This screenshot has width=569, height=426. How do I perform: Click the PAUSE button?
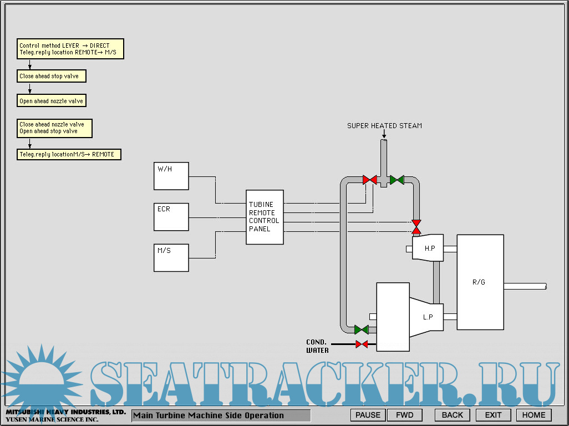pos(368,415)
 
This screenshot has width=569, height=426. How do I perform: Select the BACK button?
pos(452,415)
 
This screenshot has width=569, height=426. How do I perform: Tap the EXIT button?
pos(493,415)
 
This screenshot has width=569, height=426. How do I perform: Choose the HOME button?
pos(534,415)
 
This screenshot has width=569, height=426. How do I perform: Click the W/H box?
pos(171,176)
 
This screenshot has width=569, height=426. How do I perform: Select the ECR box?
pos(171,217)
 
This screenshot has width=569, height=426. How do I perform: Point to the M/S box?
pos(171,257)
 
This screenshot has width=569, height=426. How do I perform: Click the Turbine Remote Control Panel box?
pos(265,217)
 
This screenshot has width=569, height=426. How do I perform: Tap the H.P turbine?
pos(428,248)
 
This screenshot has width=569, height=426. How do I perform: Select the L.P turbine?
pos(427,317)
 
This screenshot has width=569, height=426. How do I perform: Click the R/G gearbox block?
pos(480,282)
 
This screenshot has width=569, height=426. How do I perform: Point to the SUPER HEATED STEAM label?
pos(384,126)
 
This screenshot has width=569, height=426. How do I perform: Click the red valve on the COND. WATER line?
pos(362,344)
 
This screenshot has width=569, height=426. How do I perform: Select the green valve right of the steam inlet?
pos(397,180)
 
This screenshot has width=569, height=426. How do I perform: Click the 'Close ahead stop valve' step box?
pos(52,76)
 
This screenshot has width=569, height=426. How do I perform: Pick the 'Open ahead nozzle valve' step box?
pos(52,101)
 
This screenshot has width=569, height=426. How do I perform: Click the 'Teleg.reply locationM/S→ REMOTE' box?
pos(69,154)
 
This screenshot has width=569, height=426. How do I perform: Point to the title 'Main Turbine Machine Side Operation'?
pos(221,415)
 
